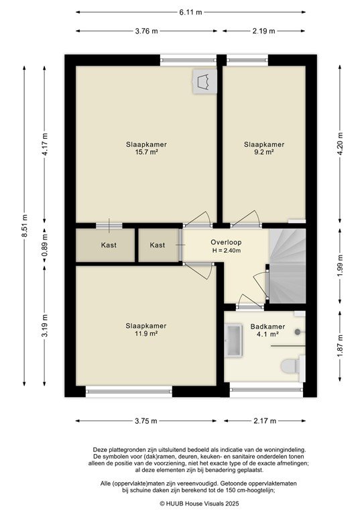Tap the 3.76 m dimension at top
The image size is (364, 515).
tap(145, 31)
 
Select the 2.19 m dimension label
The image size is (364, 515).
tap(265, 31)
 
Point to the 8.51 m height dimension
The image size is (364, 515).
tap(24, 225)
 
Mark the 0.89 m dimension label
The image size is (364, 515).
tap(45, 245)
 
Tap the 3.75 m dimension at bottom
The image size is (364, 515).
tap(145, 421)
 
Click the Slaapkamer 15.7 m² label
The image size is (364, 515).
tap(146, 148)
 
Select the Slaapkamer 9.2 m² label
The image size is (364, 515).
tap(264, 148)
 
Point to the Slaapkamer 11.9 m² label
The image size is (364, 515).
tap(146, 330)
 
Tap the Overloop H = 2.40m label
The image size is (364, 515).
tap(226, 247)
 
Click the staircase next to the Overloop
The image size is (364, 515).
tap(287, 265)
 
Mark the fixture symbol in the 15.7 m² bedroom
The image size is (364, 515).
tap(202, 82)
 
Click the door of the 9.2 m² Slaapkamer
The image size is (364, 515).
tap(246, 219)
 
